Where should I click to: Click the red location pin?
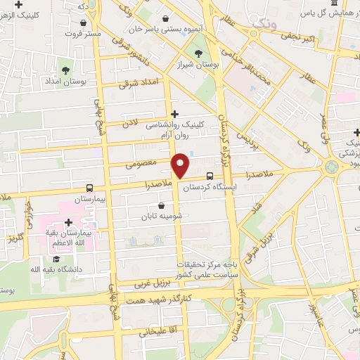181,166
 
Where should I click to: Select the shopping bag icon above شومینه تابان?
162,206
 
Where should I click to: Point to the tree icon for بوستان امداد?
65,70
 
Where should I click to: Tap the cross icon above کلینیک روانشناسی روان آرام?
174,113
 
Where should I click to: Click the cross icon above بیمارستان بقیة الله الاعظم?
67,222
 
